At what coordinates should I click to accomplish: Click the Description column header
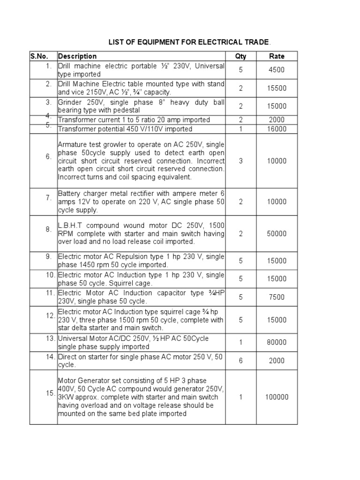pos(77,56)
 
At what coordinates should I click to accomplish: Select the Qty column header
pos(241,56)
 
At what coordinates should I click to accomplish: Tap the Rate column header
pos(277,56)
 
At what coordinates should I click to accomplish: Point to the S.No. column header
pos(40,56)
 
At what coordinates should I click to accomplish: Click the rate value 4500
pos(277,70)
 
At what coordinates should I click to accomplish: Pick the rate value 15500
pos(277,88)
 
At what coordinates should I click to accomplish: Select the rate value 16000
pos(277,129)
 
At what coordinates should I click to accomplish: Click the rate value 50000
pos(277,233)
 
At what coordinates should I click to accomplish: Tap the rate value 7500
pos(277,297)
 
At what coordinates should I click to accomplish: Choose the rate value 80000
pos(277,343)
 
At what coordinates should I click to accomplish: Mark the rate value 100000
pos(277,397)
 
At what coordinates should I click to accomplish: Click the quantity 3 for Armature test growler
pos(241,161)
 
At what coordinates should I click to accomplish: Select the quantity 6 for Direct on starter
pos(241,361)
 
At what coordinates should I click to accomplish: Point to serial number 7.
pos(49,198)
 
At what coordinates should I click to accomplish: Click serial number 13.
pos(51,338)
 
